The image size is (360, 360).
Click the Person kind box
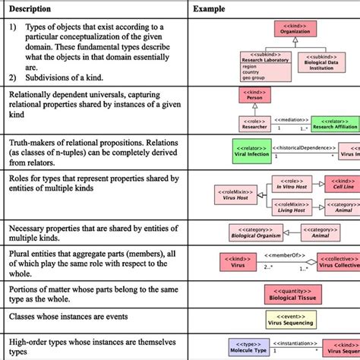pyautogui.click(x=252, y=95)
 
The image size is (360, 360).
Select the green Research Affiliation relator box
pyautogui.click(x=335, y=124)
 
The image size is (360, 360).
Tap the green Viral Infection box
pyautogui.click(x=248, y=150)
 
